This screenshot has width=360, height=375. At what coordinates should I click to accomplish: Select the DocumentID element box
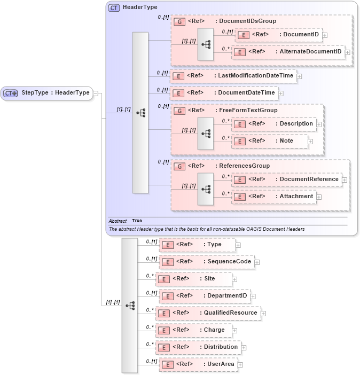click(x=278, y=35)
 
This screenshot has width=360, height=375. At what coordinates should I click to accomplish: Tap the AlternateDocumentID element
click(x=288, y=52)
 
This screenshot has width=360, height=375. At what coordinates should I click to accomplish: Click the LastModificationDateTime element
click(x=233, y=76)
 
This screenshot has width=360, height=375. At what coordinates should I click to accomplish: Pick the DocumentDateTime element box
click(x=224, y=93)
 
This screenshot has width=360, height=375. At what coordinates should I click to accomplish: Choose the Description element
click(x=273, y=124)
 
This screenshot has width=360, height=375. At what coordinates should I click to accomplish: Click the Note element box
click(x=269, y=141)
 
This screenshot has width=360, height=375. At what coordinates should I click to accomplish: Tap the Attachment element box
click(x=273, y=197)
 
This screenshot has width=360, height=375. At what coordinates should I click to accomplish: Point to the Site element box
click(x=193, y=279)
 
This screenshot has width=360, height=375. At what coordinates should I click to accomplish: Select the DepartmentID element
click(x=205, y=296)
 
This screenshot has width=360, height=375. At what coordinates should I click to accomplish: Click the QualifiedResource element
click(x=208, y=313)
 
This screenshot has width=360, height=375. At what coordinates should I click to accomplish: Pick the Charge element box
click(x=193, y=330)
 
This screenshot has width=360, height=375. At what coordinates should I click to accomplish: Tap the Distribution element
click(x=198, y=347)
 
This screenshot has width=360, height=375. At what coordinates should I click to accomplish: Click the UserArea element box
click(x=198, y=364)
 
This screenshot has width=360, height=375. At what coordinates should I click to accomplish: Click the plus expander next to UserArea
click(x=240, y=365)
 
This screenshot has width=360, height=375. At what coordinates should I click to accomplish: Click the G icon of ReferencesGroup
click(x=180, y=166)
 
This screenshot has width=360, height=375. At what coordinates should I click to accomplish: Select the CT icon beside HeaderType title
click(x=114, y=8)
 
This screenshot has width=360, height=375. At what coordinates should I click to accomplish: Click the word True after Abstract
click(x=137, y=221)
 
